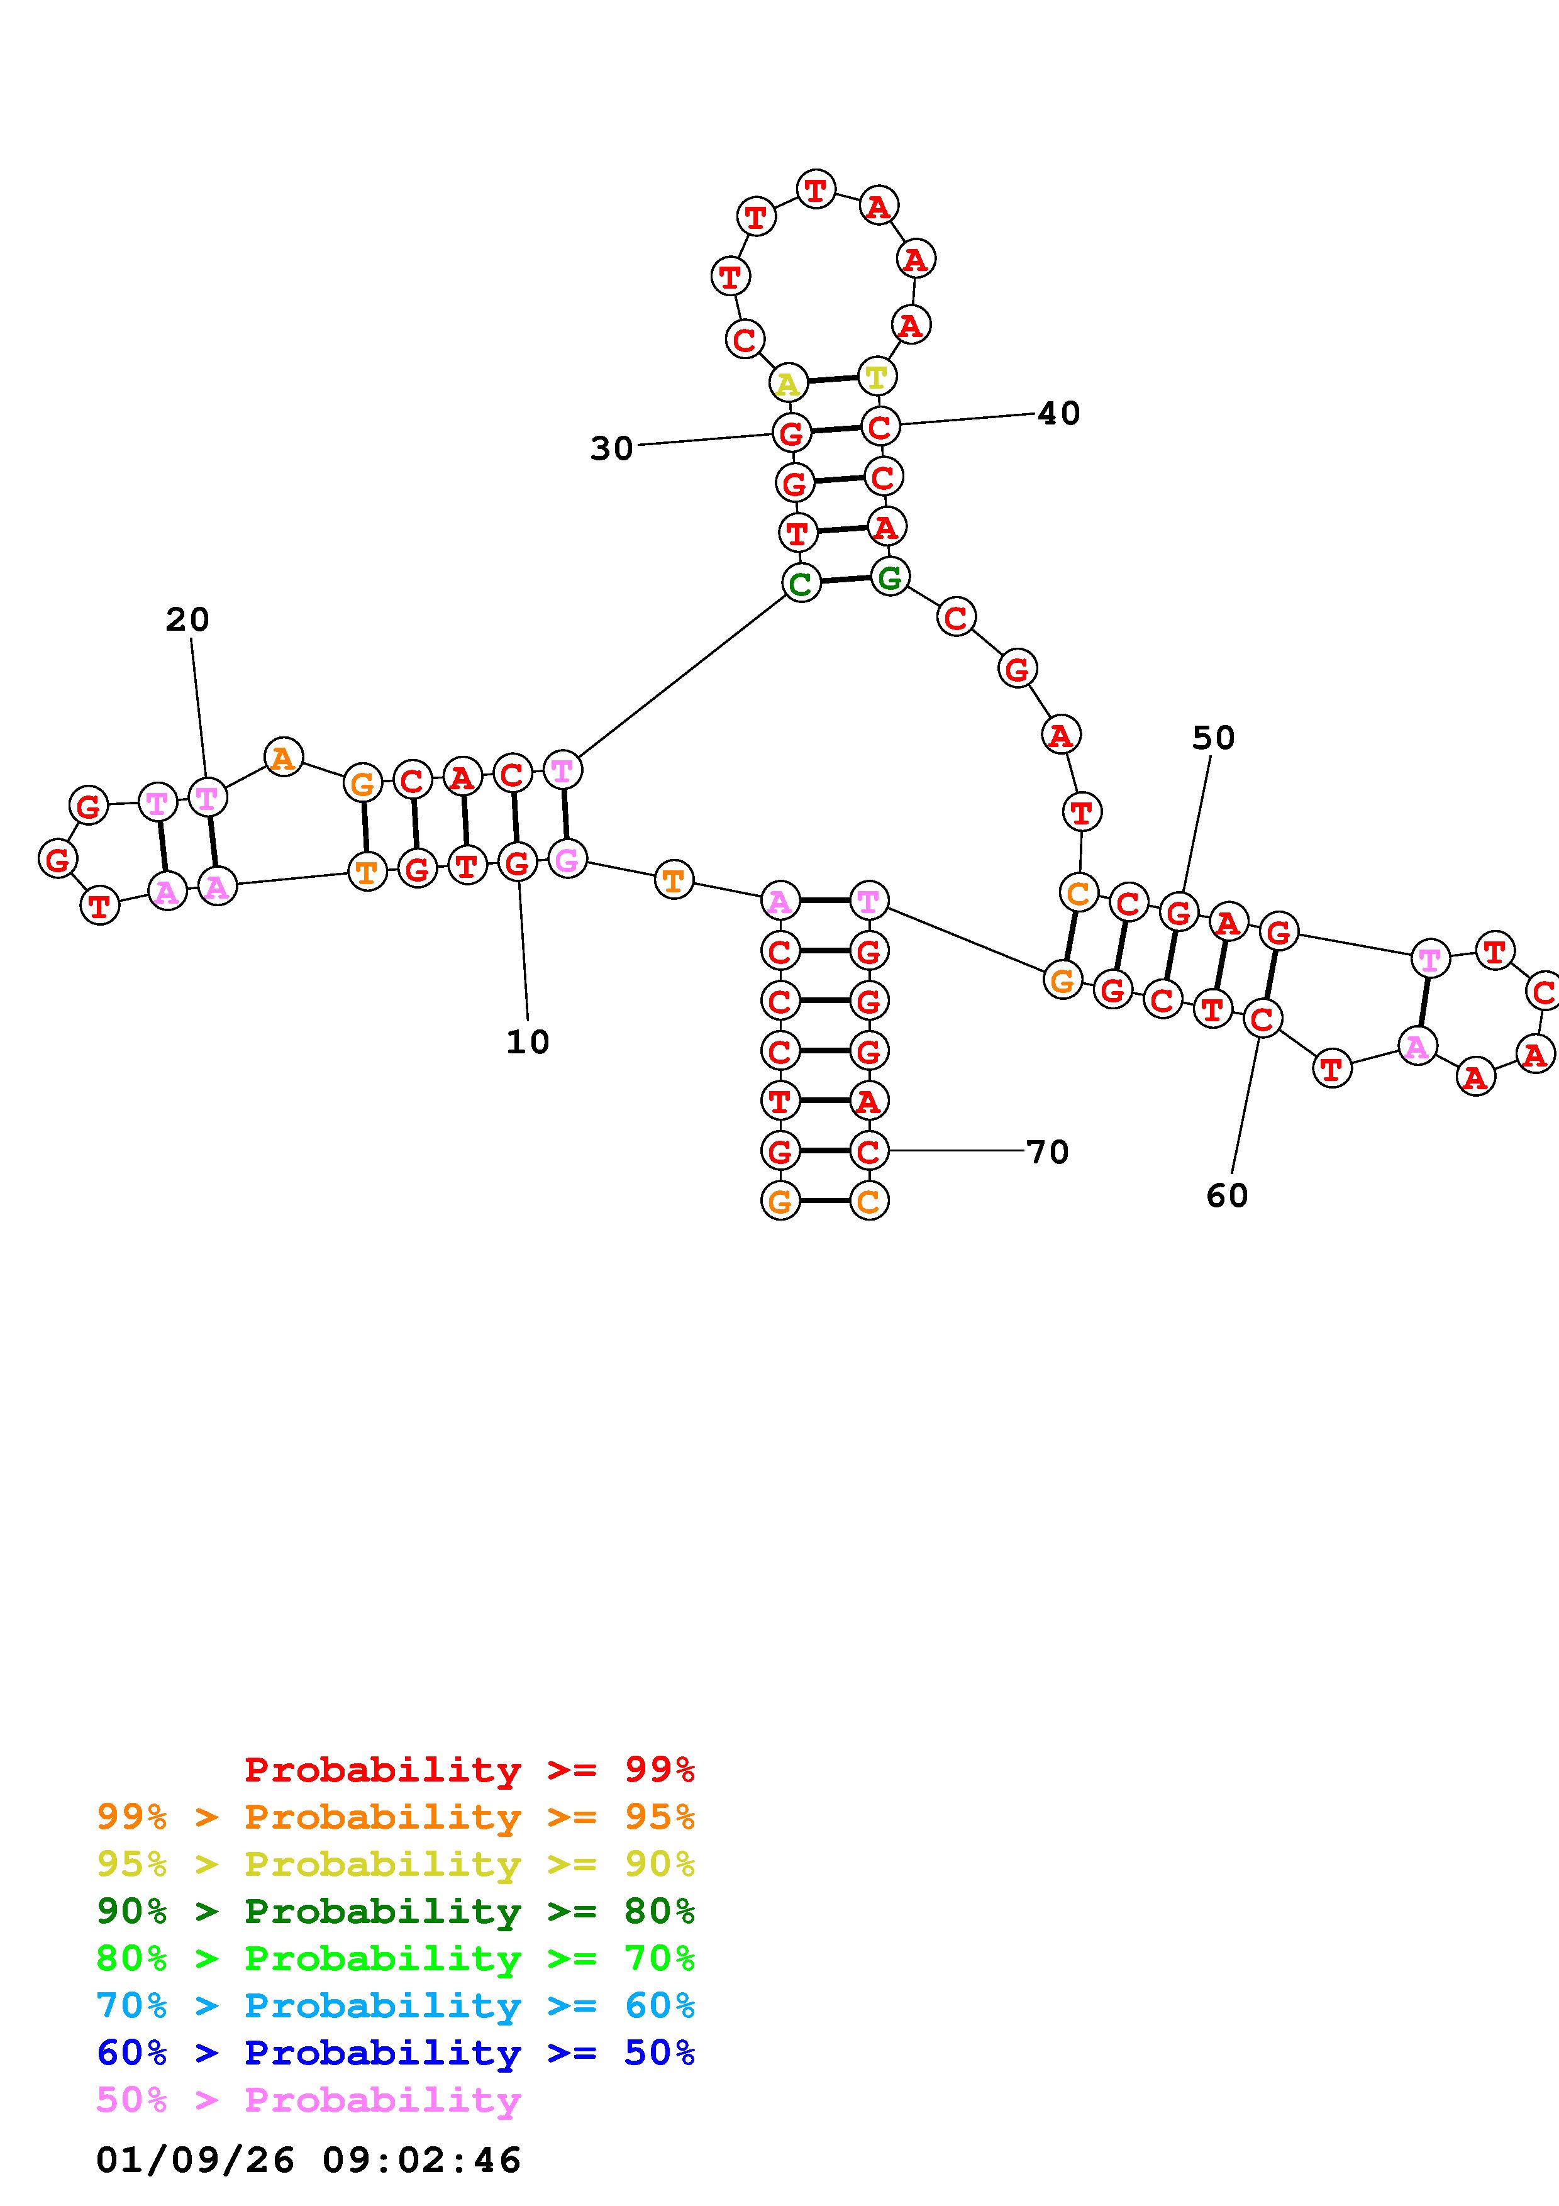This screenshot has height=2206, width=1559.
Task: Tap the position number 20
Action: [x=187, y=619]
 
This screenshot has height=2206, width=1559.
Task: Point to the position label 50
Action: [x=1213, y=738]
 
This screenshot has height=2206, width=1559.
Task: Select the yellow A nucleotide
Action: [x=787, y=384]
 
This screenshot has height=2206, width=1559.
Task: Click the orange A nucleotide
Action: [x=282, y=758]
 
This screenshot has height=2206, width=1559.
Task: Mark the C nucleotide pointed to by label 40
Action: [x=880, y=426]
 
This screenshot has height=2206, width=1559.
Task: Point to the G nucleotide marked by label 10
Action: [x=517, y=863]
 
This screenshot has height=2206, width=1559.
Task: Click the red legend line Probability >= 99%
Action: [x=470, y=1770]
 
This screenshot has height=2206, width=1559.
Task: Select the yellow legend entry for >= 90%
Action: [x=396, y=1864]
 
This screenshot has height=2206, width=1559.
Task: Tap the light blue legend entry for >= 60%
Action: [x=396, y=2005]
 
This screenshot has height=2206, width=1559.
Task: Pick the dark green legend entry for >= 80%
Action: [x=396, y=1911]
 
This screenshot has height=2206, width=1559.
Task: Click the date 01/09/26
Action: [x=195, y=2160]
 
